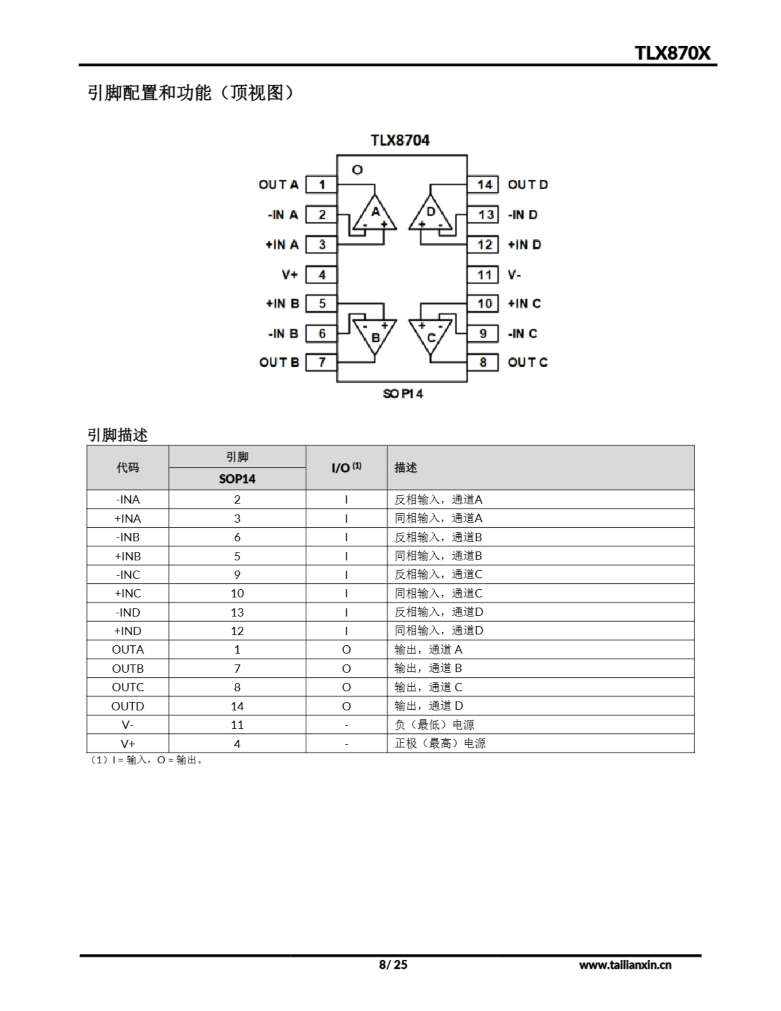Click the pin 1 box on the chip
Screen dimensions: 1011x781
[x=321, y=185]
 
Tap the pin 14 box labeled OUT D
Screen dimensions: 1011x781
[x=483, y=185]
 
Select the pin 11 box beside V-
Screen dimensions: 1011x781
[x=483, y=275]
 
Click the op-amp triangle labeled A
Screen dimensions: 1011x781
[x=375, y=214]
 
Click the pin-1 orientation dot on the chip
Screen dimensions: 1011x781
[x=357, y=170]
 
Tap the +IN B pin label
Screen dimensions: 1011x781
[x=282, y=304]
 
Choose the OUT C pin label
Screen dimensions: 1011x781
[x=527, y=363]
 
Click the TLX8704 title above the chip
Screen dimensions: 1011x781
[x=400, y=140]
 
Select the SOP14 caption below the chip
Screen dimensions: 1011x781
[x=403, y=394]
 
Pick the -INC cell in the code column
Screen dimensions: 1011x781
[x=128, y=575]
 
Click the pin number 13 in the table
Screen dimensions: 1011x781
[x=237, y=613]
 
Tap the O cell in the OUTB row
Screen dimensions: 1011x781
[x=346, y=669]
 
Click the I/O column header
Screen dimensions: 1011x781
[x=346, y=468]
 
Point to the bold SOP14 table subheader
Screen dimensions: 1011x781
[x=237, y=479]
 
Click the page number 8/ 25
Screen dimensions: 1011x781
[x=393, y=965]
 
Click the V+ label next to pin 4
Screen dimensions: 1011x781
[x=290, y=275]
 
